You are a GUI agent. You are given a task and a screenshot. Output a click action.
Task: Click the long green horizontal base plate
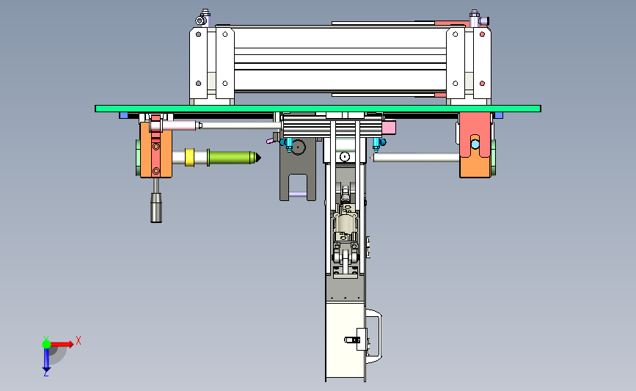pyautogui.click(x=318, y=109)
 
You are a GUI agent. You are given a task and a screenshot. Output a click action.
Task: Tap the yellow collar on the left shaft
pyautogui.click(x=189, y=158)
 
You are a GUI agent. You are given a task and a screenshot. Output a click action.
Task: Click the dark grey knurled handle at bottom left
pyautogui.click(x=156, y=208)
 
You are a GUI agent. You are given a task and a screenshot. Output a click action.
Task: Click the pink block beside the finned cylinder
pyautogui.click(x=389, y=128)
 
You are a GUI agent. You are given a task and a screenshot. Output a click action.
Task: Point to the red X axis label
pyautogui.click(x=78, y=340)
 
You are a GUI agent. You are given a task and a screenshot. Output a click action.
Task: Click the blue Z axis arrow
pyautogui.click(x=46, y=359)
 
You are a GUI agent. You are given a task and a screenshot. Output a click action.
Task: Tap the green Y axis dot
pyautogui.click(x=46, y=344)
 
